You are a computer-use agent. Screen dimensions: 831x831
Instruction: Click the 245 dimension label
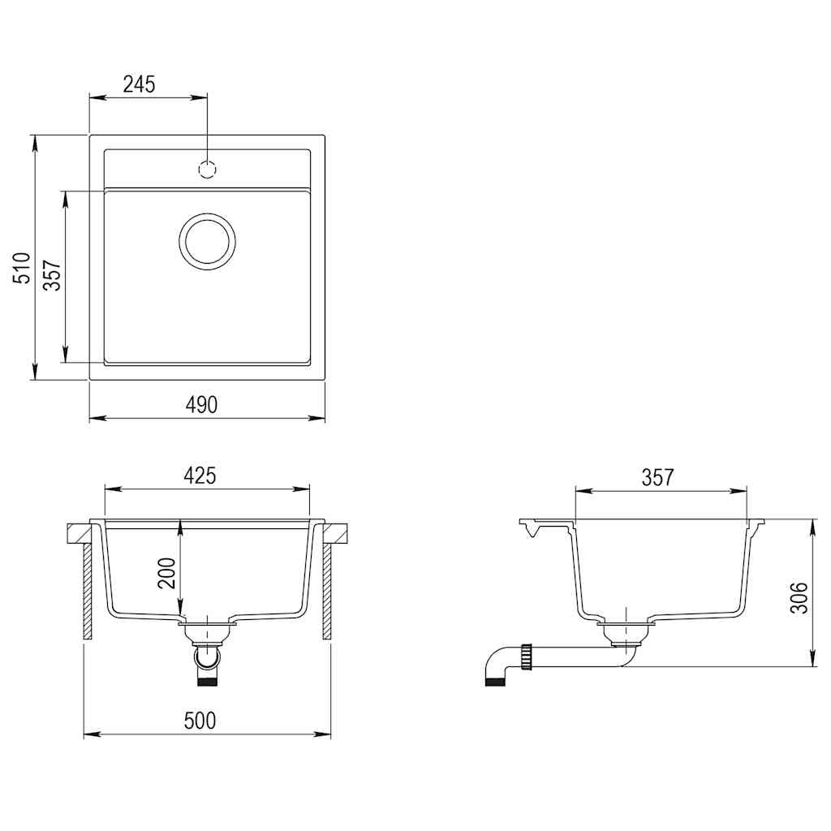[x=139, y=83]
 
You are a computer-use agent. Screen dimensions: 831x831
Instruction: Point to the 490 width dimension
[x=201, y=405]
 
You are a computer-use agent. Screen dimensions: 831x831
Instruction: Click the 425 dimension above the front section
[x=199, y=476]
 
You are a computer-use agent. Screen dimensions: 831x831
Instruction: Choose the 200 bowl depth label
[x=166, y=575]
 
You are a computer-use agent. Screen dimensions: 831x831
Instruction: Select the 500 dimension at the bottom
[x=200, y=720]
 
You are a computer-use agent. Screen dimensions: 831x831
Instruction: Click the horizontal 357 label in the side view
[x=657, y=477]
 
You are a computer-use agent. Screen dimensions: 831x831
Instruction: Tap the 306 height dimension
[x=800, y=597]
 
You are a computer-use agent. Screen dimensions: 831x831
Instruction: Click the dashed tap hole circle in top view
[x=208, y=170]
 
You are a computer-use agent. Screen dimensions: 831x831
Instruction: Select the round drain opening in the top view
[x=208, y=242]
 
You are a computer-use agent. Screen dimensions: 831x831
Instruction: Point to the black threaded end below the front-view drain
[x=208, y=682]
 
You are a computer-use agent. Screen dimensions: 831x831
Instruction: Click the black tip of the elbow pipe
[x=493, y=681]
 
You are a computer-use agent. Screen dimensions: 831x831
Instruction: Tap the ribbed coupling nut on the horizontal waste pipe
[x=530, y=656]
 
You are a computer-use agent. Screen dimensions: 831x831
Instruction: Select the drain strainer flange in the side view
[x=626, y=626]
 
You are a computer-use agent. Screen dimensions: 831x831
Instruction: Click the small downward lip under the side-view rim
[x=532, y=531]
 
